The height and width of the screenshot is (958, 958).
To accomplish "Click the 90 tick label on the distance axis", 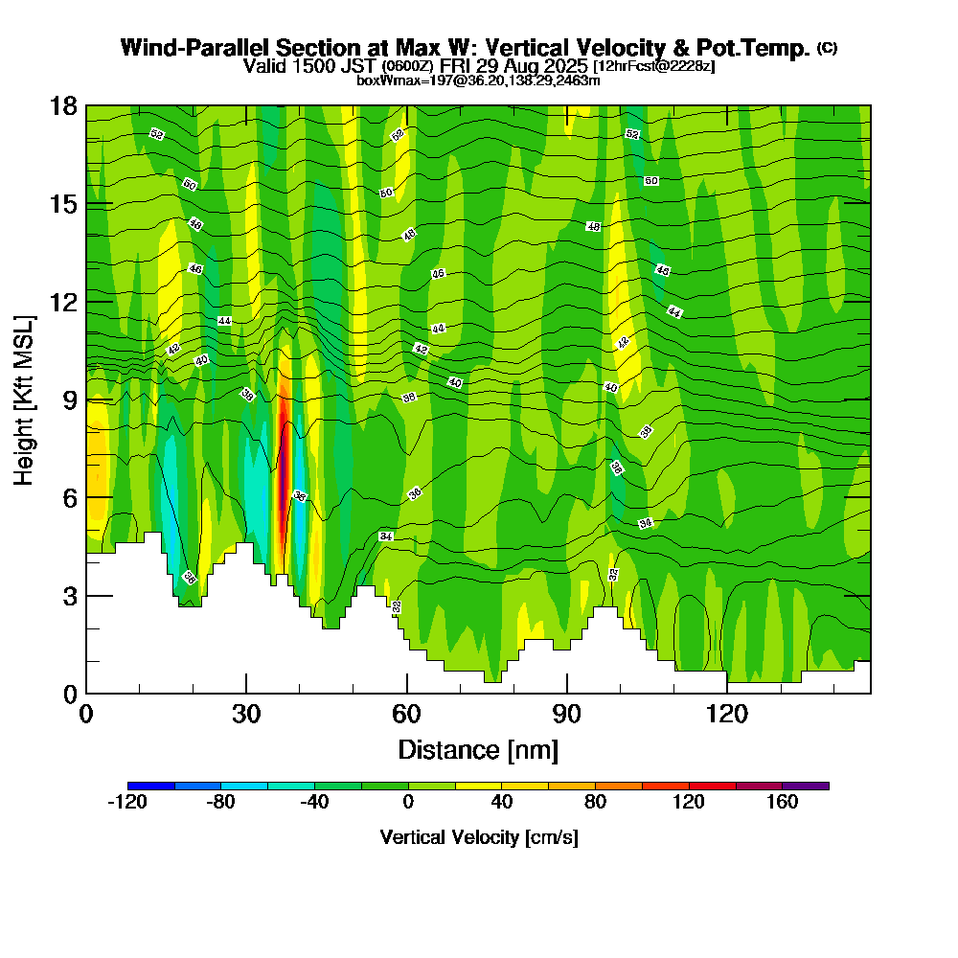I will tap(567, 715).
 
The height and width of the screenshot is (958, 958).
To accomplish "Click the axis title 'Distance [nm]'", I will tap(478, 749).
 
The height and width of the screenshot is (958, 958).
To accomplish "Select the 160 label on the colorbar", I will tap(782, 803).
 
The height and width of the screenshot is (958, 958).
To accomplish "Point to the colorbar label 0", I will tap(408, 803).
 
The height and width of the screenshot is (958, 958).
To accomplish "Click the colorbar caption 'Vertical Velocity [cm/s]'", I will tap(478, 837).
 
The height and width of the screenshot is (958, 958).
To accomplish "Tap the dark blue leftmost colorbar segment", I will tap(150, 786).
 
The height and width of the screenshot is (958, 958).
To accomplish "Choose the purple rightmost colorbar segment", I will tap(805, 786).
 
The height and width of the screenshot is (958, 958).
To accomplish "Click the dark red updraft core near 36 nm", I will tap(282, 469).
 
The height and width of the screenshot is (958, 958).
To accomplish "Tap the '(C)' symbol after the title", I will tap(828, 48).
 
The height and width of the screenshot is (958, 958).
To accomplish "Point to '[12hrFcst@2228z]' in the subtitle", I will tap(654, 66).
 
